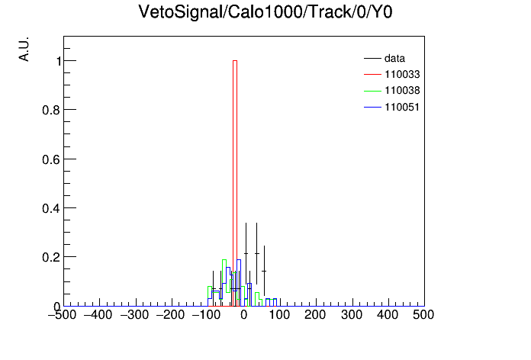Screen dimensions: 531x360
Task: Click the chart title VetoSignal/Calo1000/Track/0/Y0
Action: tap(265, 12)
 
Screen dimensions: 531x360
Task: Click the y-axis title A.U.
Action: tap(24, 49)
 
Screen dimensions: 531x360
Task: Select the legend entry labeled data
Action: tap(394, 59)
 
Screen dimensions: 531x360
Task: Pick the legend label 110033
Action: tap(402, 74)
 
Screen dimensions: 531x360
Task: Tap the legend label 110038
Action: tap(402, 91)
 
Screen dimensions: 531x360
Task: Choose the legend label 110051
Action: tap(402, 107)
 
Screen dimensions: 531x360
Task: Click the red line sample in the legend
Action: tap(372, 75)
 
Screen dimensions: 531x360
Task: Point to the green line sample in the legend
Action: tap(372, 91)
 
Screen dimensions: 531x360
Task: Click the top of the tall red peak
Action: tap(235, 60)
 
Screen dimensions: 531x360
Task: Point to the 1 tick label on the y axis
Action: tap(59, 61)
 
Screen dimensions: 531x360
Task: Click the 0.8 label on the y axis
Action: tap(51, 110)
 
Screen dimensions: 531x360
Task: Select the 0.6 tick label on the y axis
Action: tap(51, 159)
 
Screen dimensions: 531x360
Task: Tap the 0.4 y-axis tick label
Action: tap(51, 208)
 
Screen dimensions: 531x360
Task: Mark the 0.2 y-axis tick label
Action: tap(51, 257)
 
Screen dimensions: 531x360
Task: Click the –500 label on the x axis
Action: tap(62, 315)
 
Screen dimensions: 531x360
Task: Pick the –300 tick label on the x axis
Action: tap(134, 315)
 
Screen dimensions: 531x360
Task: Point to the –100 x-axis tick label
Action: tap(206, 315)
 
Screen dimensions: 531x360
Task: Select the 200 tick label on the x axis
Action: tap(315, 315)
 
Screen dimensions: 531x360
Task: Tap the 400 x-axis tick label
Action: tap(388, 315)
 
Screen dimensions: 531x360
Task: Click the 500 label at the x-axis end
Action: tap(423, 315)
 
